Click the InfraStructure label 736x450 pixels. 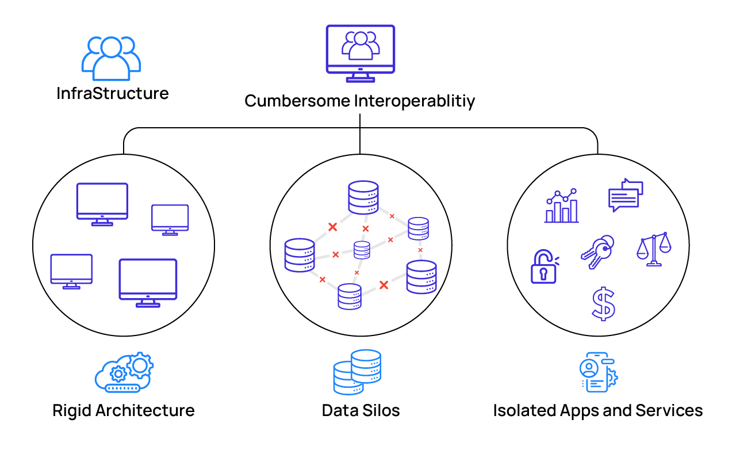click(x=113, y=93)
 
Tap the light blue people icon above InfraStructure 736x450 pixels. click(x=112, y=58)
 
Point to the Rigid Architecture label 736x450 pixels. click(x=124, y=410)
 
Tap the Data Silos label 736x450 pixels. click(x=361, y=410)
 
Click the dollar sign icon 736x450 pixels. click(x=604, y=304)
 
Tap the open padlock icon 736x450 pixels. click(x=544, y=267)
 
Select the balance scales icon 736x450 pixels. click(x=654, y=249)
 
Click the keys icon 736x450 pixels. click(x=596, y=251)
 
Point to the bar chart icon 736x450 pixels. click(x=562, y=205)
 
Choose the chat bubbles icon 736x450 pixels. click(x=625, y=195)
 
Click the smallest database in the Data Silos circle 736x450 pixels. click(x=362, y=250)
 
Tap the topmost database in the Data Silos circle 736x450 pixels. click(x=363, y=197)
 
